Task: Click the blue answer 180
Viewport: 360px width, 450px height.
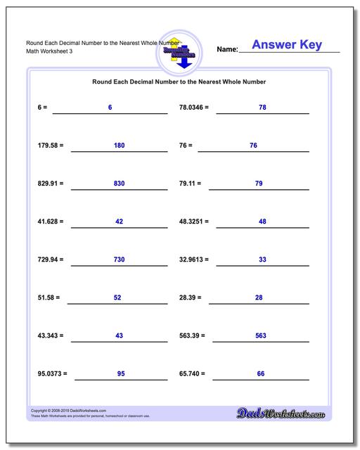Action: click(119, 145)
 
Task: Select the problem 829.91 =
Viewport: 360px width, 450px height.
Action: click(51, 184)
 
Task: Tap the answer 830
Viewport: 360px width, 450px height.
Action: click(119, 183)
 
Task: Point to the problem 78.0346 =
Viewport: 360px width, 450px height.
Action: click(195, 108)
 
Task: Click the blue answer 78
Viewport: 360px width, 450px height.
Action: click(262, 107)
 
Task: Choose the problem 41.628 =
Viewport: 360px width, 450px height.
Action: click(51, 221)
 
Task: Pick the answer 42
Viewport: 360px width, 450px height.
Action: click(119, 221)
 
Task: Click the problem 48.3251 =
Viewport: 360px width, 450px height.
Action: click(195, 221)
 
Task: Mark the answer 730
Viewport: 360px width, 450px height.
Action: click(119, 259)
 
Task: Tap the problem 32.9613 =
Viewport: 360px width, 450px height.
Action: click(195, 259)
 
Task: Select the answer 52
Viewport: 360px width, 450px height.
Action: click(117, 297)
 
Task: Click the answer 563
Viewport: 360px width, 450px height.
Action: click(260, 335)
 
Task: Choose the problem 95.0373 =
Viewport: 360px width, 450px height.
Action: click(53, 373)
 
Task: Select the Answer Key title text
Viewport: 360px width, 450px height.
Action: click(286, 45)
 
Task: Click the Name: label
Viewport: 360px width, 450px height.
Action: click(227, 49)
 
